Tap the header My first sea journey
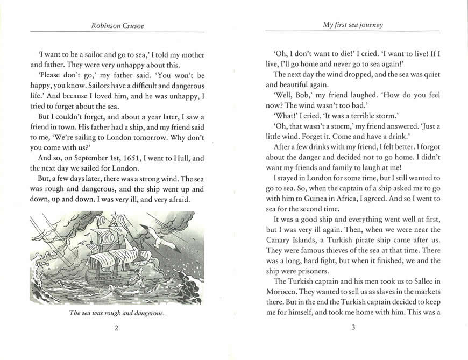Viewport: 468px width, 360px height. (x=352, y=25)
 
